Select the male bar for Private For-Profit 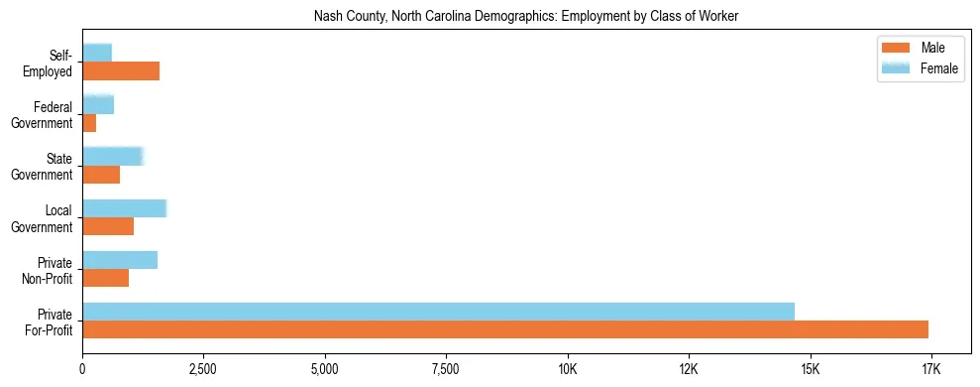click(x=505, y=329)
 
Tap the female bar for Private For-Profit click(x=438, y=311)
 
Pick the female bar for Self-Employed click(x=97, y=53)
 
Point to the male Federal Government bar click(x=89, y=123)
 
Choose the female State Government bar click(x=113, y=156)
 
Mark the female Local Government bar click(x=125, y=207)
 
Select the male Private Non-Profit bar click(x=106, y=278)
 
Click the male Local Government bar click(x=108, y=226)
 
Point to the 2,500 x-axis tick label click(x=203, y=370)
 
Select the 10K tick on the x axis click(x=568, y=370)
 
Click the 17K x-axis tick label click(x=931, y=370)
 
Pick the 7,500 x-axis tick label click(x=446, y=370)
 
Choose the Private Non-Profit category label click(x=51, y=270)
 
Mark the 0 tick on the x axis click(x=82, y=370)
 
